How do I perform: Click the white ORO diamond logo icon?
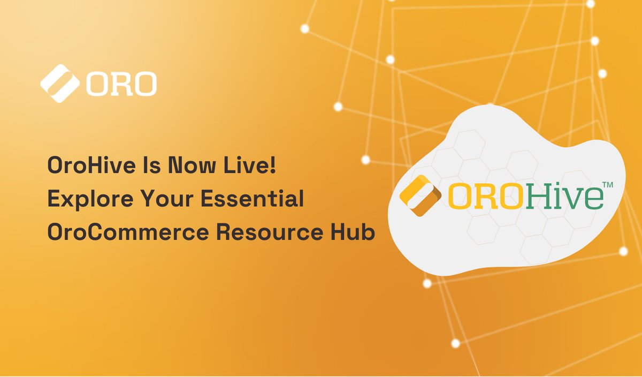pyautogui.click(x=59, y=83)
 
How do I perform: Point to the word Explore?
pyautogui.click(x=81, y=200)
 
